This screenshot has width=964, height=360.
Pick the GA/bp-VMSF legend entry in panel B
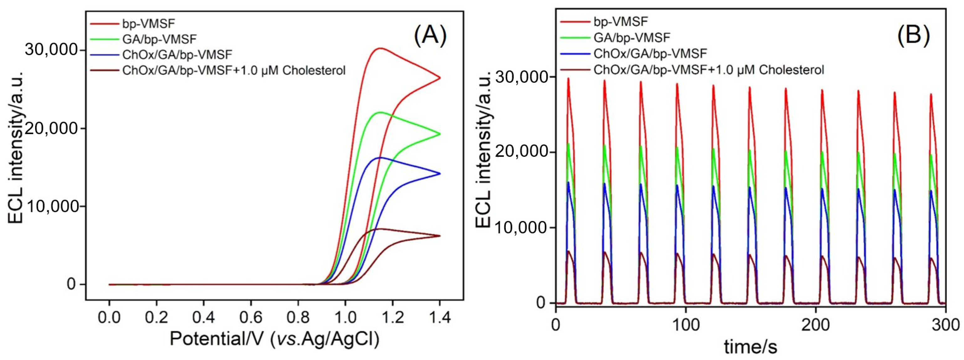[x=632, y=38]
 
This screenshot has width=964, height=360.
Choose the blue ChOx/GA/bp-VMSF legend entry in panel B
[x=650, y=54]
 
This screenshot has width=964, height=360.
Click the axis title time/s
[x=750, y=347]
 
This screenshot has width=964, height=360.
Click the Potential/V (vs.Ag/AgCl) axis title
[x=274, y=339]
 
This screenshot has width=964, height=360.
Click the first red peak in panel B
[x=568, y=78]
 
